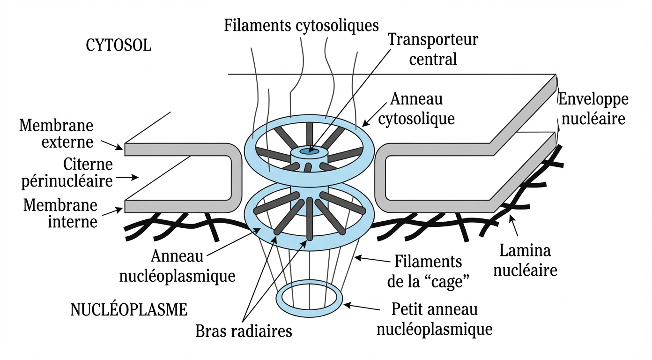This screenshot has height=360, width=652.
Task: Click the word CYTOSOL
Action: click(x=119, y=46)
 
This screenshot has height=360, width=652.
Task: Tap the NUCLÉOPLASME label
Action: click(x=129, y=310)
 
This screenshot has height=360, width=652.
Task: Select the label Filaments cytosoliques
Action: click(x=301, y=25)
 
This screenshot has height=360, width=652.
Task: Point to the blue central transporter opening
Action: click(x=308, y=151)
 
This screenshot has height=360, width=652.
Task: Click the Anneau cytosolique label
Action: click(x=416, y=109)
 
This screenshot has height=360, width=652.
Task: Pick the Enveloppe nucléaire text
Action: click(x=593, y=109)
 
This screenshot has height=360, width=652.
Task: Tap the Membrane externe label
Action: click(x=57, y=134)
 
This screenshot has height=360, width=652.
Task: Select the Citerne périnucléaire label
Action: click(x=67, y=172)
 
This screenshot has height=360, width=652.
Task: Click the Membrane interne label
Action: click(x=60, y=213)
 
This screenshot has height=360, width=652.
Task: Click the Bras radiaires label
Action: click(x=244, y=331)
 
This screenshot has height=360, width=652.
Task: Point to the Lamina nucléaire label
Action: click(x=525, y=261)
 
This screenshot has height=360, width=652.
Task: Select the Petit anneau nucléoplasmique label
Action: click(x=434, y=319)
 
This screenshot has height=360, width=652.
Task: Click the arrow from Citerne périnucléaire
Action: click(x=127, y=177)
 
